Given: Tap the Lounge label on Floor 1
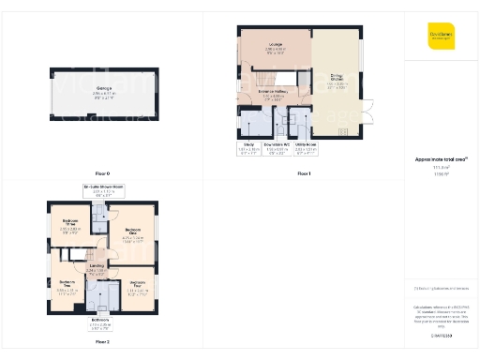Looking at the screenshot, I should (x=276, y=47).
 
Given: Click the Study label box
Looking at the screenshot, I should (x=247, y=147).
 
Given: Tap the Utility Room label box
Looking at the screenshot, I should (x=305, y=147).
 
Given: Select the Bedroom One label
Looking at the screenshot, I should (x=132, y=234).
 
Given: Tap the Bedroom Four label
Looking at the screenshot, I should (x=137, y=284).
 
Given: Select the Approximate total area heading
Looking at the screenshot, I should (x=441, y=160).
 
